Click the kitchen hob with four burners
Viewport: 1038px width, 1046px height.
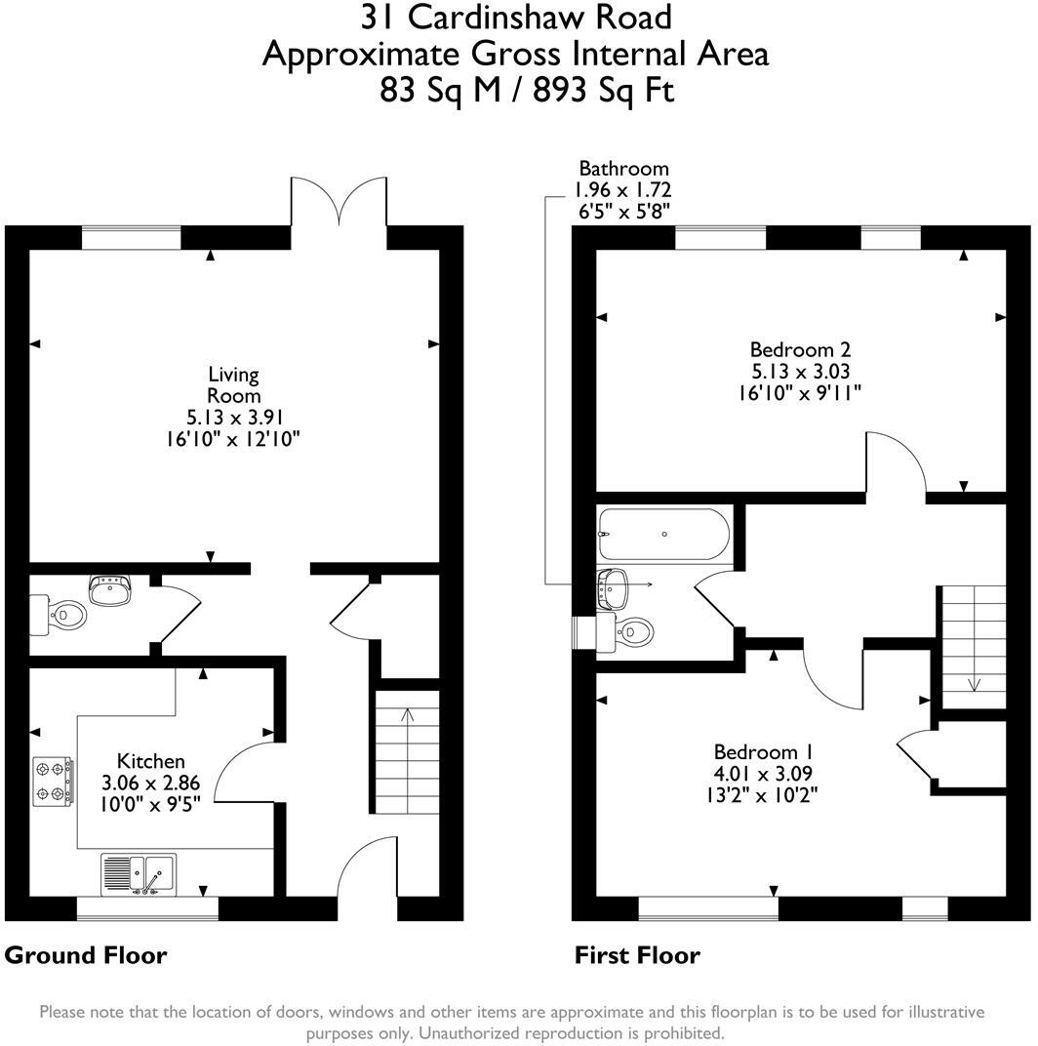coord(54,783)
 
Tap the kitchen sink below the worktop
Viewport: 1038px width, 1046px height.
coord(139,872)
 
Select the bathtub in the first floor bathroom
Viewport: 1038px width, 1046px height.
coord(663,535)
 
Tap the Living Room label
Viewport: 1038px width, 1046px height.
coord(234,384)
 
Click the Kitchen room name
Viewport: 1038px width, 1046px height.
coord(151,761)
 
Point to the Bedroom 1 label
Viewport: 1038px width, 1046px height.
coord(765,752)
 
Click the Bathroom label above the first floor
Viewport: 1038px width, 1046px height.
coord(623,169)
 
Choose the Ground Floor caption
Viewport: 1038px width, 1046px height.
coord(86,954)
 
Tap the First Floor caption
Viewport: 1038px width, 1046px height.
coord(637,954)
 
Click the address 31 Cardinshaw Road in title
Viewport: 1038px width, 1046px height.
coord(516,18)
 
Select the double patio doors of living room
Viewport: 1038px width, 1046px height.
coord(339,202)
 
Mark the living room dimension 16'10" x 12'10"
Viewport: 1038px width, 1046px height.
coord(233,439)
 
